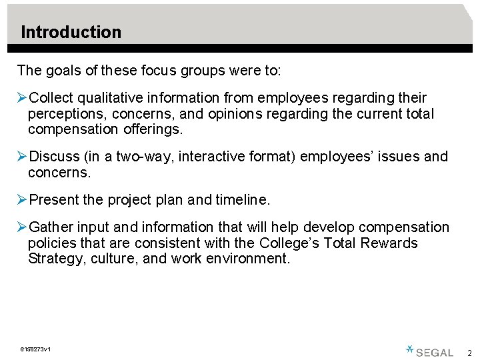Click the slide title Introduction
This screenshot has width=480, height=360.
coord(71,32)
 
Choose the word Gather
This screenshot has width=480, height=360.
coord(53,228)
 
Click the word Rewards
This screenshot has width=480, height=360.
coord(389,243)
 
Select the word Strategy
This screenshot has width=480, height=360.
coord(55,259)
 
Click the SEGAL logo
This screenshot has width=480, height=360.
coord(430,351)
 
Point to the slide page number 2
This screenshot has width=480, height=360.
coord(469,353)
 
